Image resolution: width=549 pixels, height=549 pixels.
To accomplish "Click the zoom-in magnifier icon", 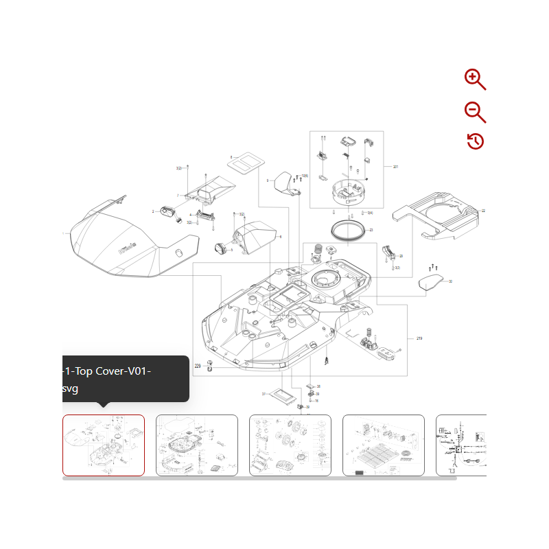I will pyautogui.click(x=474, y=79).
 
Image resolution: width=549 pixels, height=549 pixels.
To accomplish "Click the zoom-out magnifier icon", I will pyautogui.click(x=474, y=111).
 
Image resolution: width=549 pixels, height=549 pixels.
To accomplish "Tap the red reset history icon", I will pyautogui.click(x=475, y=141).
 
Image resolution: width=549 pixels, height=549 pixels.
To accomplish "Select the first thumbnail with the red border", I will pyautogui.click(x=104, y=445).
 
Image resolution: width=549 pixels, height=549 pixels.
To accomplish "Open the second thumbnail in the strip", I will pyautogui.click(x=197, y=445).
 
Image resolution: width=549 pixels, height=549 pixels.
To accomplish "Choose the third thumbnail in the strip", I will pyautogui.click(x=290, y=445).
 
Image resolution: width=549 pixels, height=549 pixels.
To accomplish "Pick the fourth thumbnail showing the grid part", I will pyautogui.click(x=384, y=445).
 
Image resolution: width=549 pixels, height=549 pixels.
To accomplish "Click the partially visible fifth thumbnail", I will pyautogui.click(x=461, y=445).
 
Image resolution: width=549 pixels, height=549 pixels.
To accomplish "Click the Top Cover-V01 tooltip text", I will pyautogui.click(x=106, y=378).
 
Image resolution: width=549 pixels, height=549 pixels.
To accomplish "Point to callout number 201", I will pyautogui.click(x=395, y=167).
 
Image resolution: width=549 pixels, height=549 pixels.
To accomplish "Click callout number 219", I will pyautogui.click(x=419, y=339).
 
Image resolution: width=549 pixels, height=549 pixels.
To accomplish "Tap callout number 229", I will pyautogui.click(x=198, y=366).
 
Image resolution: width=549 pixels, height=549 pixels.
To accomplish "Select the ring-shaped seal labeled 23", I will pyautogui.click(x=346, y=229).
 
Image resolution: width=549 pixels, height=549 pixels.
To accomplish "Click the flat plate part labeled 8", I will pyautogui.click(x=245, y=162).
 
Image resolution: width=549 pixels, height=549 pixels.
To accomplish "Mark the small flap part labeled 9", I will pyautogui.click(x=283, y=184).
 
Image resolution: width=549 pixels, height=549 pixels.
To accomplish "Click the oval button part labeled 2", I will pyautogui.click(x=167, y=212).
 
